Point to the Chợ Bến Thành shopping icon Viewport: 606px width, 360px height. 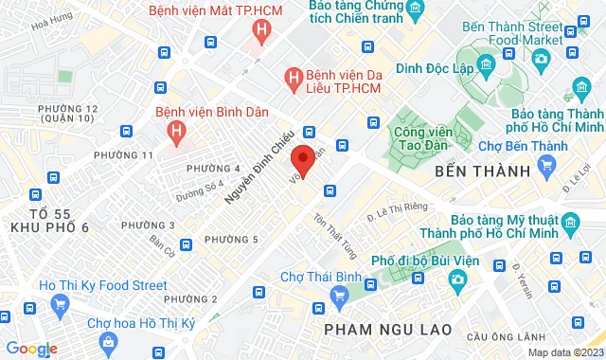546,165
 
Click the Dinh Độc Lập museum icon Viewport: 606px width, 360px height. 486,64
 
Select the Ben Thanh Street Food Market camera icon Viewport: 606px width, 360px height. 541,57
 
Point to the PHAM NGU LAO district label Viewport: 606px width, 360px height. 386,328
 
